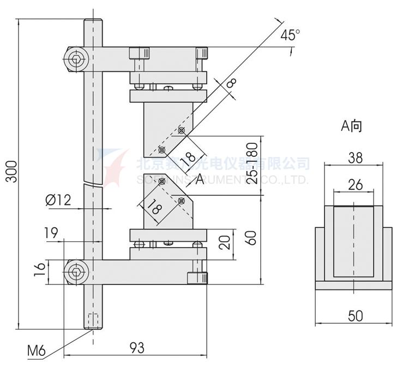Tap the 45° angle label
pyautogui.click(x=290, y=36)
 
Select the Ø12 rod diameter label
pyautogui.click(x=59, y=200)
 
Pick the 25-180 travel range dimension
pyautogui.click(x=252, y=164)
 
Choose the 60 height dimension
pyautogui.click(x=252, y=238)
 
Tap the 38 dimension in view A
pyautogui.click(x=355, y=158)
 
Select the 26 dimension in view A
pyautogui.click(x=355, y=185)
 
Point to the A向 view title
pyautogui.click(x=352, y=126)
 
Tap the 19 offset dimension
pyautogui.click(x=51, y=233)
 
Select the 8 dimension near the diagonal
pyautogui.click(x=231, y=83)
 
